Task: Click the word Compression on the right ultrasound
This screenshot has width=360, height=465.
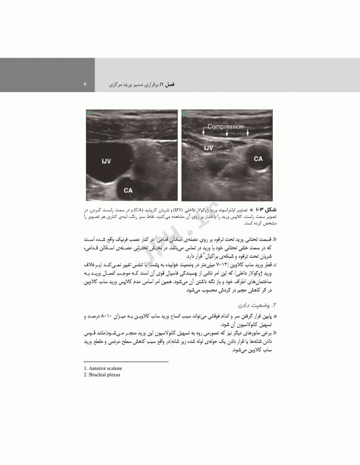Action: coord(225,127)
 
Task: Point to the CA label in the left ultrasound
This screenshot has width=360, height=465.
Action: coord(128,190)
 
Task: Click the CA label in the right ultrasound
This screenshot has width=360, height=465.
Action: coord(258,159)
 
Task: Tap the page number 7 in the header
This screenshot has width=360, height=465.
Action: coord(85,85)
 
